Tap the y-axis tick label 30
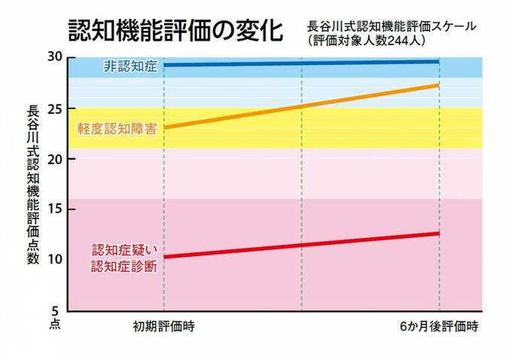pos(53,57)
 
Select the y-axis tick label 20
pos(53,160)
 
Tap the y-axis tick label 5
pos(56,310)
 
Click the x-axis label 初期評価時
pos(163,328)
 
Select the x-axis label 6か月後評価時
pos(439,328)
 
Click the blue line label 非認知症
pos(130,67)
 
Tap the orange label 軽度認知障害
pos(117,128)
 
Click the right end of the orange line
pos(438,85)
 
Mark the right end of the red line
pos(438,233)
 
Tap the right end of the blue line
pos(438,62)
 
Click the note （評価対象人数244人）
pos(367,40)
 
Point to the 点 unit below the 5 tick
pos(55,322)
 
